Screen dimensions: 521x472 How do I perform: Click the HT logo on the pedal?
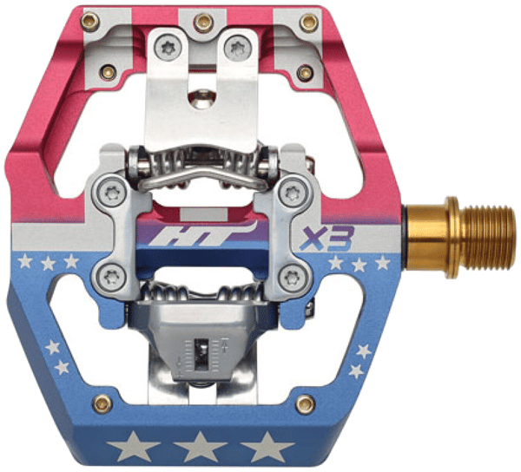point(202,233)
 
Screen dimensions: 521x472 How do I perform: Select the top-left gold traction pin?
point(90,22)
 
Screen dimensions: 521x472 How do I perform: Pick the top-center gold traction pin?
point(203,23)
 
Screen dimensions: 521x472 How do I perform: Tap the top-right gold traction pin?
point(309,23)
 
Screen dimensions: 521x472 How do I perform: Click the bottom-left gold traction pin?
point(102,403)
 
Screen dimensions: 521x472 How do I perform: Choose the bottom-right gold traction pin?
point(306,403)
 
